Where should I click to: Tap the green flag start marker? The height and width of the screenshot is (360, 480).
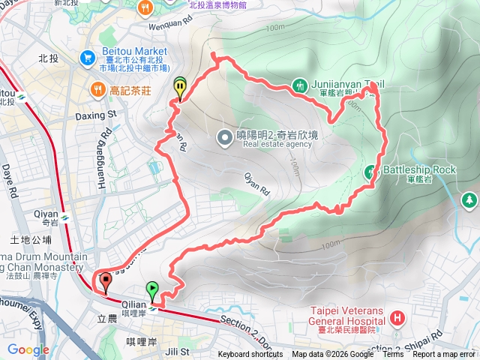[153, 287]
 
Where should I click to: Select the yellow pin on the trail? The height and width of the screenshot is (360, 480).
[180, 86]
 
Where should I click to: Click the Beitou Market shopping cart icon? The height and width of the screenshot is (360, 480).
[88, 57]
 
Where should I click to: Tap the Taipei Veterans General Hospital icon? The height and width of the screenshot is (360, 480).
[396, 319]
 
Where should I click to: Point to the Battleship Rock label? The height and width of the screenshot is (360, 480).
[419, 170]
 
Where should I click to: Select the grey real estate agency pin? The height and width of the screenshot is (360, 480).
[224, 136]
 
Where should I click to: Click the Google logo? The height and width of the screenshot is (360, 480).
[28, 349]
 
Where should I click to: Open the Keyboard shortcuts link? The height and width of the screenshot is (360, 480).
[251, 355]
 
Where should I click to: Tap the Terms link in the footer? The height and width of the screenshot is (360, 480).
[393, 355]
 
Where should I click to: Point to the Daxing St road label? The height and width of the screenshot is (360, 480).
[97, 115]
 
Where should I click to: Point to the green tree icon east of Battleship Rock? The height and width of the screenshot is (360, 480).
[469, 200]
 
